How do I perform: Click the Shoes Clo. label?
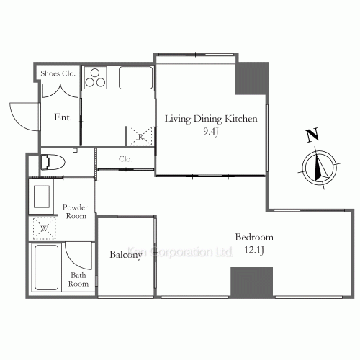coord(58,73)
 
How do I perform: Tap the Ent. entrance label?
coord(63,117)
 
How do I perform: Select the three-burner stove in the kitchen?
coord(95,78)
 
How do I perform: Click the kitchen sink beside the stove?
coord(135,78)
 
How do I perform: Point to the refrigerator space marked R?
coord(140,136)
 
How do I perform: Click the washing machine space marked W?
coord(44,228)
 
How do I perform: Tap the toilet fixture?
coord(53,162)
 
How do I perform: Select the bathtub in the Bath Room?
coord(46,267)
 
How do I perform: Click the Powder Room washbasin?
coord(41,197)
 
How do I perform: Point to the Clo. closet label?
coord(125,159)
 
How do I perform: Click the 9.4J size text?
coord(210,132)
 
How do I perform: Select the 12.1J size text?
coord(254,250)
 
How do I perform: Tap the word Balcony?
coord(126,255)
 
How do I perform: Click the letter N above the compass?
coord(312,135)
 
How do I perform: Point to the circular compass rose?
coord(319,168)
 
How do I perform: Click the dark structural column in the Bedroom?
coord(251,282)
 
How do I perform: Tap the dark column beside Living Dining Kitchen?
coord(252,78)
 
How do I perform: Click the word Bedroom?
coord(254,237)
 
